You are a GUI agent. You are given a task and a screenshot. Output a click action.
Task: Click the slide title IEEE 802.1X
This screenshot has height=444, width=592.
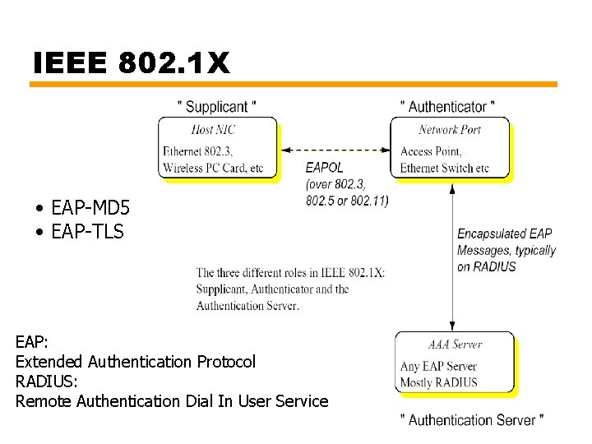click(132, 63)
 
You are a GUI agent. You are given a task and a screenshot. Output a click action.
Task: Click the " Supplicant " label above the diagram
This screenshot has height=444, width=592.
click(217, 107)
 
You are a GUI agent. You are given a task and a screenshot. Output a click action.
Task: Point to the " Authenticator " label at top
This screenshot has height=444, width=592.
click(447, 107)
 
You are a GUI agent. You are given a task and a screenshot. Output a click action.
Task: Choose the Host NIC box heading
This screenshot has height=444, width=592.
click(213, 129)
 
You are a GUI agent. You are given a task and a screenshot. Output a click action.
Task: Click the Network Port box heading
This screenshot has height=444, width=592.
click(450, 129)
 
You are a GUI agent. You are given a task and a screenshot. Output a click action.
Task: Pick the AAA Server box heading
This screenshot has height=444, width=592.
click(455, 345)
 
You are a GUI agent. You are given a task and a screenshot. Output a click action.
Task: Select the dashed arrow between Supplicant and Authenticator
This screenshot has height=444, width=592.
click(335, 150)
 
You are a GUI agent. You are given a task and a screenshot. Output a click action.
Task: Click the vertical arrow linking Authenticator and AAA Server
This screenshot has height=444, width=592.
click(451, 255)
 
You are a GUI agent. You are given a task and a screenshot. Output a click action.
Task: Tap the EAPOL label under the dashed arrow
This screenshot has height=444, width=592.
click(324, 168)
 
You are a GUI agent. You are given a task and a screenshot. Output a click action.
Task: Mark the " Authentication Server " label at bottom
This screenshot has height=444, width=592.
click(472, 420)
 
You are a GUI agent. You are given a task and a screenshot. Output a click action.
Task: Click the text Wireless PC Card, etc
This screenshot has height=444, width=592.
click(213, 169)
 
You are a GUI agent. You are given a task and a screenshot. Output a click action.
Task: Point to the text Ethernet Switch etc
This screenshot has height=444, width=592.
click(444, 169)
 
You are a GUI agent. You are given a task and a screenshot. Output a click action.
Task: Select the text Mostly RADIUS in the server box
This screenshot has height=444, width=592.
click(438, 382)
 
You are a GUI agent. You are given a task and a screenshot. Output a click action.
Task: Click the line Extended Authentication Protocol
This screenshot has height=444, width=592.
click(136, 362)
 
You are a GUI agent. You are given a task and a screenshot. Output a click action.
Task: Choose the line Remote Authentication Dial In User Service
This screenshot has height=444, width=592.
click(172, 401)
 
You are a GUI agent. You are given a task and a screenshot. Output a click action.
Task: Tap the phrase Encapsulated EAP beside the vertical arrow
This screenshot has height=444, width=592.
click(504, 234)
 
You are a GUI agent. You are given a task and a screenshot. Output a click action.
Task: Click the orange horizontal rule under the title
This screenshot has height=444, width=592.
click(294, 85)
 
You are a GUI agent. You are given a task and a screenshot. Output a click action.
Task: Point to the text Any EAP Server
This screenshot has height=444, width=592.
click(438, 367)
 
